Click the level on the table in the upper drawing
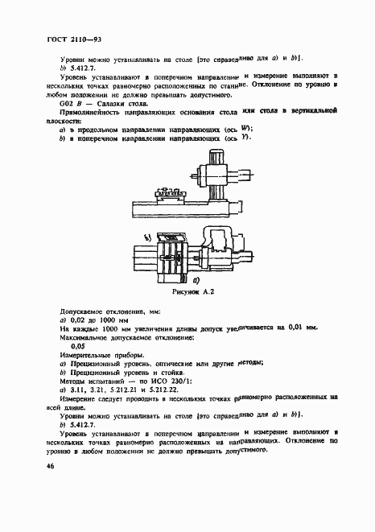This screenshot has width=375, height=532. (170, 191)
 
